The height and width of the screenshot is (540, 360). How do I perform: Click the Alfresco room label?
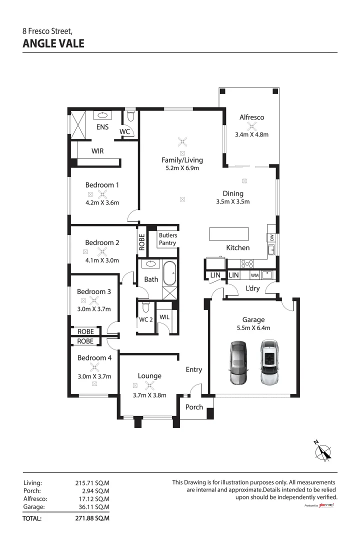(251, 117)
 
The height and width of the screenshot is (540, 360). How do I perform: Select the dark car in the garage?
(238, 363)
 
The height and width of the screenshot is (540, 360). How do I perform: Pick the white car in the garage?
(268, 362)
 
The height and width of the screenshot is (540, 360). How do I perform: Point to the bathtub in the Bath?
(169, 272)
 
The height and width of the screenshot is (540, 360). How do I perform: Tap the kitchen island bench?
(228, 233)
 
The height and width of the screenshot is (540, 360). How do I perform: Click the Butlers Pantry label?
(168, 239)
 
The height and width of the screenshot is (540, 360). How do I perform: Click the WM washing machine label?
(254, 275)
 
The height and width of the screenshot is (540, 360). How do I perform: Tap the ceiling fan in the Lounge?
(148, 385)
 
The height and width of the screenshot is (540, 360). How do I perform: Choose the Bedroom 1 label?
(102, 185)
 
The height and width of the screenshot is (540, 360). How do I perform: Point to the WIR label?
(97, 150)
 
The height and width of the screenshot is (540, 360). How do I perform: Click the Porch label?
(194, 407)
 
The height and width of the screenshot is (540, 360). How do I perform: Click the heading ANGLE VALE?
(53, 43)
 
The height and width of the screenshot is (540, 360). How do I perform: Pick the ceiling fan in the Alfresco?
(251, 126)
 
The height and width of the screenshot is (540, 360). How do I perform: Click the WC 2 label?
(145, 319)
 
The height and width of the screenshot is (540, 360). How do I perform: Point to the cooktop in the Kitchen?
(247, 263)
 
